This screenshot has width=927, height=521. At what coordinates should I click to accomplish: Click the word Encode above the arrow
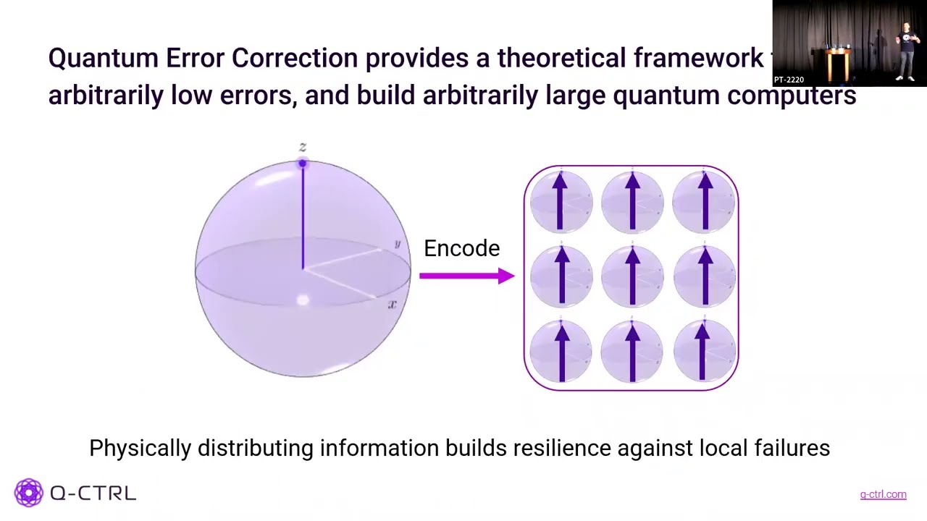(461, 248)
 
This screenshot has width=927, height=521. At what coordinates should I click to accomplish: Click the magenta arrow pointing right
(466, 276)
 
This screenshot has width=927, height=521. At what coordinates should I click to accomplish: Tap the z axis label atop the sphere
(303, 148)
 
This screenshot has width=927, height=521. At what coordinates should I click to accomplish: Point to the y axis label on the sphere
(397, 245)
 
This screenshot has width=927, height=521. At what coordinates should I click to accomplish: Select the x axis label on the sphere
(392, 305)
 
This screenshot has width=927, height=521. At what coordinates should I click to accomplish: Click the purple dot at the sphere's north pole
(303, 164)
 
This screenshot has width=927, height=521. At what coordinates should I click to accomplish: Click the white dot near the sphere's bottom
(303, 300)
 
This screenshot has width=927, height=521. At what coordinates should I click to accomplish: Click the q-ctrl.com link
(883, 495)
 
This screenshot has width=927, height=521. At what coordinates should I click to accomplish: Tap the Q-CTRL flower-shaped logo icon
(29, 493)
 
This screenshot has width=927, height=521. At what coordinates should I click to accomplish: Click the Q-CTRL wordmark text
(93, 494)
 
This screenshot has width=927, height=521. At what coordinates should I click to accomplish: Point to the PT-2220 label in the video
(789, 80)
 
